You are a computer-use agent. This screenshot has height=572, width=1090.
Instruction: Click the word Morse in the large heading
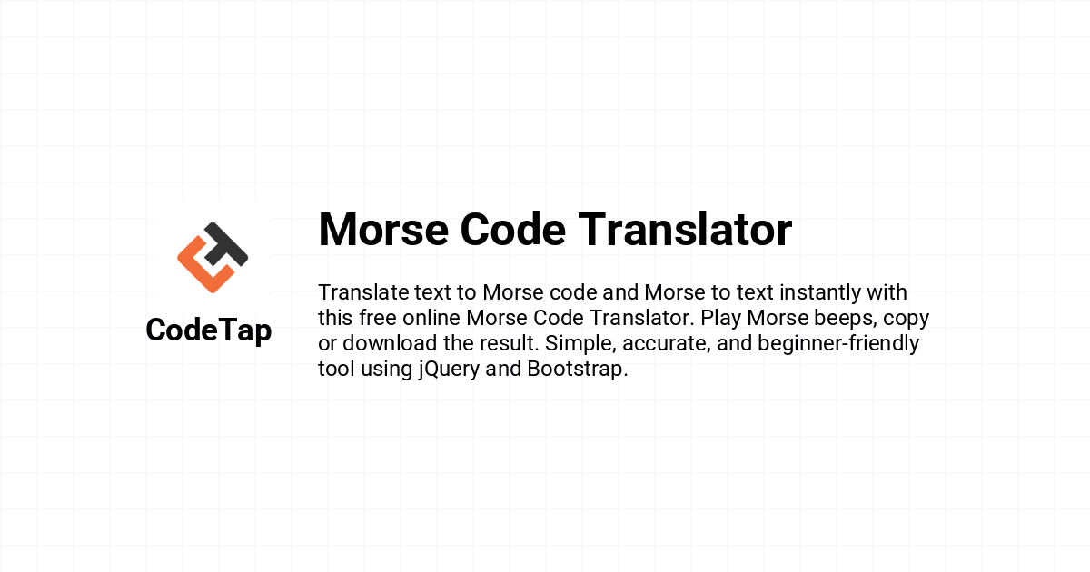tap(383, 230)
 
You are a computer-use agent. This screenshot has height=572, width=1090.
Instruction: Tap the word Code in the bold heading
tap(513, 230)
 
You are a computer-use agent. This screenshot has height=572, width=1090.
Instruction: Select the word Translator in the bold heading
tap(685, 230)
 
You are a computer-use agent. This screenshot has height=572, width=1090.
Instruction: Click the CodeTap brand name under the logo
tap(209, 330)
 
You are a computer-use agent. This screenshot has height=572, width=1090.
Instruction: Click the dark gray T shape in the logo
tap(227, 244)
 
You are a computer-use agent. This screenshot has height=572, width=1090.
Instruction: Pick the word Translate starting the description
tap(363, 292)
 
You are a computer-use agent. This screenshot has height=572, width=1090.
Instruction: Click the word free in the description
tap(378, 318)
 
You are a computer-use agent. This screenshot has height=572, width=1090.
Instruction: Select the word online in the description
tap(431, 318)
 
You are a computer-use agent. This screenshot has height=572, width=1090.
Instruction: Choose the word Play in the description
tap(720, 319)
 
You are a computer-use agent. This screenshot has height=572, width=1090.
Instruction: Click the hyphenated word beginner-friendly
tap(838, 344)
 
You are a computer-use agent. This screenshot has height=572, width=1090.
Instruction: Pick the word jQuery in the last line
tap(449, 370)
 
